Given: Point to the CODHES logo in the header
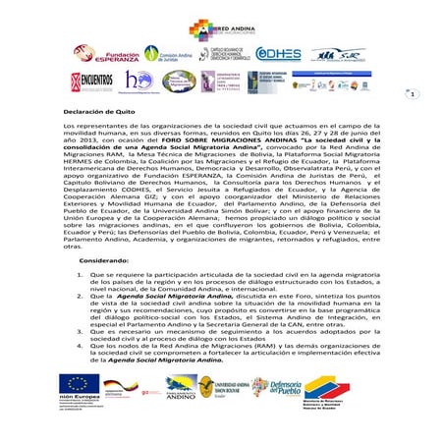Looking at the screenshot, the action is click(278, 55).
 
